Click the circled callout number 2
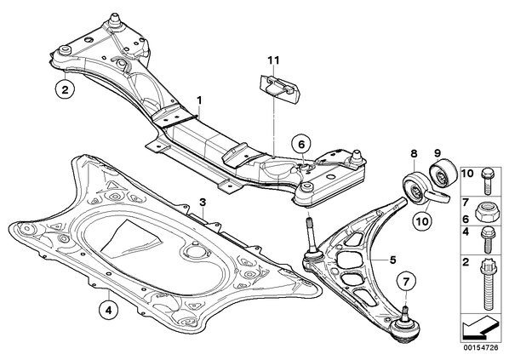(66, 89)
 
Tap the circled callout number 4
(108, 311)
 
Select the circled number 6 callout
(301, 145)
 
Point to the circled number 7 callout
(406, 281)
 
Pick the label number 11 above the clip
(273, 60)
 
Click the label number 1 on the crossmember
(199, 100)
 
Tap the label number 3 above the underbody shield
(203, 203)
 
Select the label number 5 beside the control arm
(392, 260)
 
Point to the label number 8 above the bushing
(414, 153)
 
